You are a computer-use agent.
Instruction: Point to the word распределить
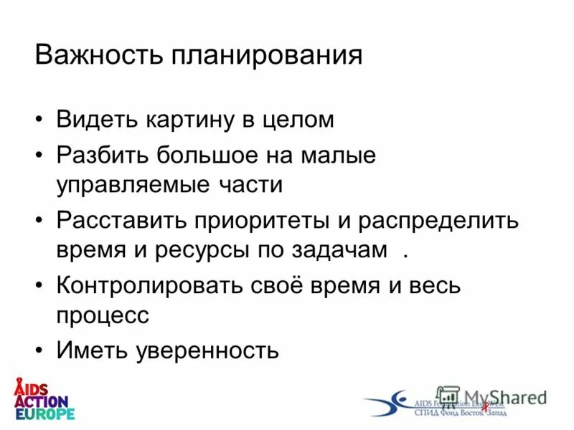(x=435, y=220)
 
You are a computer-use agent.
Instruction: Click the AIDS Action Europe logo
(x=44, y=398)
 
